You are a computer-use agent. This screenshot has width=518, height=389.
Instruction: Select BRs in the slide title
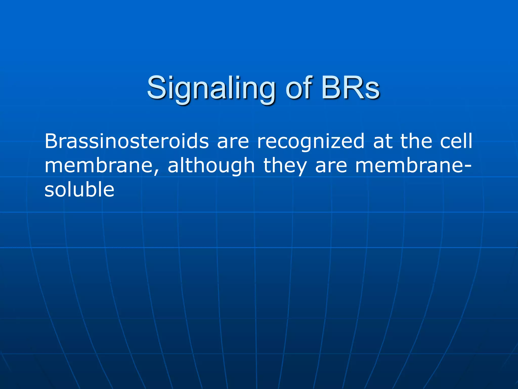(350, 88)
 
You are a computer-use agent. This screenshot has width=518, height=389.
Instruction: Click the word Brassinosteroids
(126, 141)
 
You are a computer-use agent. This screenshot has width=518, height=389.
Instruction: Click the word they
(285, 166)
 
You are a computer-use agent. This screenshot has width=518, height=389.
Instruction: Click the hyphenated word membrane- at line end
(412, 166)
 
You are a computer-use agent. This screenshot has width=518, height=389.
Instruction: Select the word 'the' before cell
(416, 141)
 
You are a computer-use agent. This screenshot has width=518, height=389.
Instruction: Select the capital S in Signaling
(157, 88)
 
